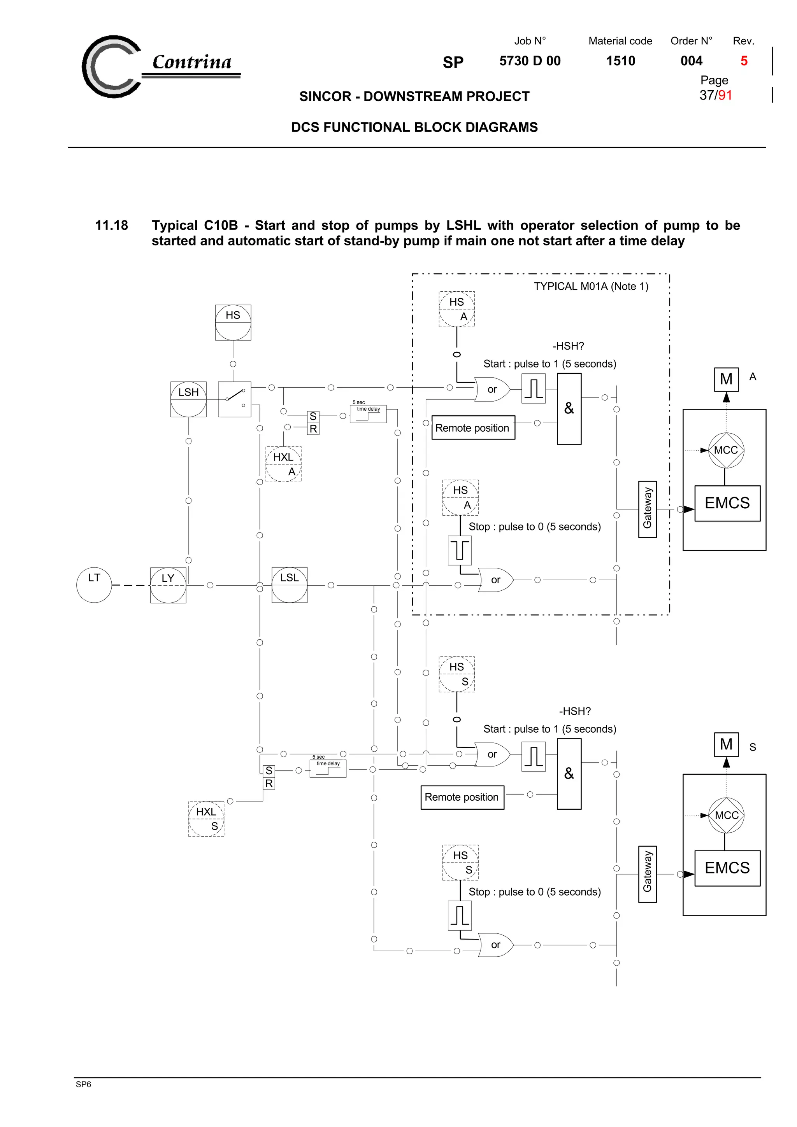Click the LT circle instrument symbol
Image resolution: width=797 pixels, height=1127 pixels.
94,585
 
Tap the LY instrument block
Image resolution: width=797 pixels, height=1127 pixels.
168,585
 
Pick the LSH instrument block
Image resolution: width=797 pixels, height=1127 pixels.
188,399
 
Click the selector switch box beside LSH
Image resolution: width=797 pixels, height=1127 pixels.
234,399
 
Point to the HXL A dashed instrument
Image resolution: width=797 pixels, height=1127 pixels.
283,464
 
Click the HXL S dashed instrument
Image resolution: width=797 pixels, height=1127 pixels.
206,819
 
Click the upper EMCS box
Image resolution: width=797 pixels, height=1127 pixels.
727,503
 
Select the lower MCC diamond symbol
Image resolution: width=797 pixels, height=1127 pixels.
726,815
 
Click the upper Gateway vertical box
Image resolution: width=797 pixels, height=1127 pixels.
647,509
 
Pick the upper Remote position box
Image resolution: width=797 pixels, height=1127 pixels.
473,427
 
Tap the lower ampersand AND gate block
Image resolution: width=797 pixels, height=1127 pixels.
569,773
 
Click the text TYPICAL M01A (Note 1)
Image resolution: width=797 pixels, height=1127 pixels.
591,286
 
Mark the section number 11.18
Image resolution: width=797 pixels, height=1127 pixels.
111,225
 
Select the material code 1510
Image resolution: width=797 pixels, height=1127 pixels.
620,61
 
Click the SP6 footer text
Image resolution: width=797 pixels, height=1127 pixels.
84,1084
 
